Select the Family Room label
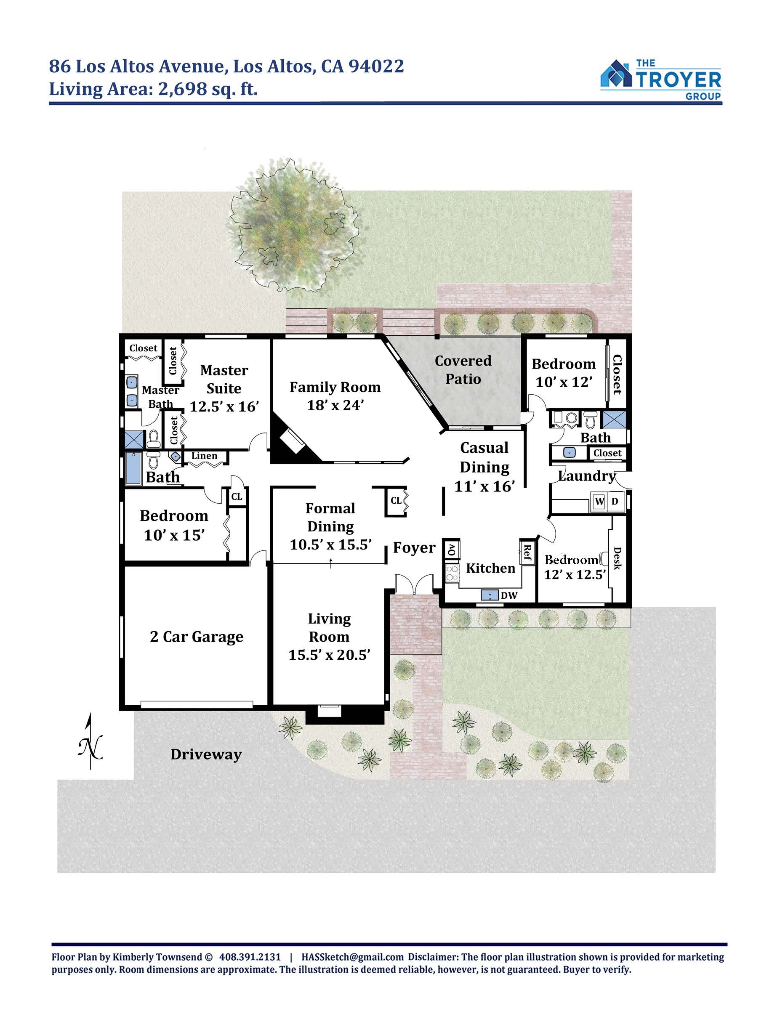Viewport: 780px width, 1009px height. tap(335, 387)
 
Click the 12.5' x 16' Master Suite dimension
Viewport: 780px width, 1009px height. tap(225, 406)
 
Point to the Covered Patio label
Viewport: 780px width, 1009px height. tap(463, 369)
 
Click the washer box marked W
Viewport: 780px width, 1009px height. tap(599, 501)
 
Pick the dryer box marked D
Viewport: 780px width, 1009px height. tap(615, 501)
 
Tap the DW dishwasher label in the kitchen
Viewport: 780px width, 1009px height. tap(509, 595)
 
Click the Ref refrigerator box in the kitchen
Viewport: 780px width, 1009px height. tap(527, 552)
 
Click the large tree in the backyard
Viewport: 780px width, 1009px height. tap(294, 226)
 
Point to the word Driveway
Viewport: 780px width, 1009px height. tap(206, 755)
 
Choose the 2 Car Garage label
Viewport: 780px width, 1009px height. tap(197, 637)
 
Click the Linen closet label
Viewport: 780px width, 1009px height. tap(204, 456)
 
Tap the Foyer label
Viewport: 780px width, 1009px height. tap(414, 548)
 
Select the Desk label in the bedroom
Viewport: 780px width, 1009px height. tap(618, 558)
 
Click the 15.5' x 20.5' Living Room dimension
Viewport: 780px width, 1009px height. tap(330, 655)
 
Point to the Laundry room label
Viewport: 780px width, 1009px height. tap(587, 476)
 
